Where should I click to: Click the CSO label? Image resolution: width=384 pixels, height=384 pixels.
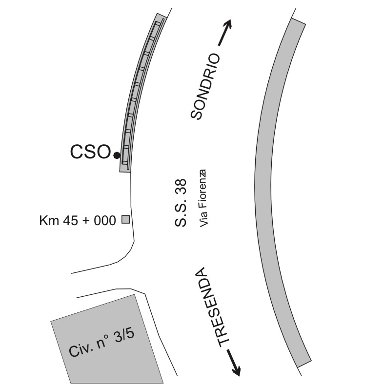click(x=90, y=152)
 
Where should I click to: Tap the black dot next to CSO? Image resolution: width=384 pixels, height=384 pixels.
click(x=117, y=155)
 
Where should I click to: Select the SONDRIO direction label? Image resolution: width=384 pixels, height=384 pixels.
click(x=205, y=86)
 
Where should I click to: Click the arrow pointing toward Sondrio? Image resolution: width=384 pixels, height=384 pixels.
click(x=225, y=33)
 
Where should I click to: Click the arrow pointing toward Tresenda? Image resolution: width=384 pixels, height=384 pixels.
click(x=234, y=363)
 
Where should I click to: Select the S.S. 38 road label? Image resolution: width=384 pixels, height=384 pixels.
click(x=181, y=203)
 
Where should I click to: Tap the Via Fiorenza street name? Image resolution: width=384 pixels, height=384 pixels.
click(x=203, y=198)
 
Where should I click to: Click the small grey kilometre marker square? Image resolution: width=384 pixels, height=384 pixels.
click(x=126, y=219)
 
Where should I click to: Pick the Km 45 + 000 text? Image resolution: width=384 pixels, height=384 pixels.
click(x=78, y=220)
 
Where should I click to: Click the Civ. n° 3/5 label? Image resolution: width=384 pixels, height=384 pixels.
click(x=102, y=343)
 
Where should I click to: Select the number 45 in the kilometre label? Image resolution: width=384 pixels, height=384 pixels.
click(x=71, y=220)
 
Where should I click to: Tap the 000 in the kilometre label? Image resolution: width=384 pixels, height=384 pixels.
click(x=105, y=220)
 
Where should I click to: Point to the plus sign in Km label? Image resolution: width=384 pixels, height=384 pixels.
click(x=86, y=221)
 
